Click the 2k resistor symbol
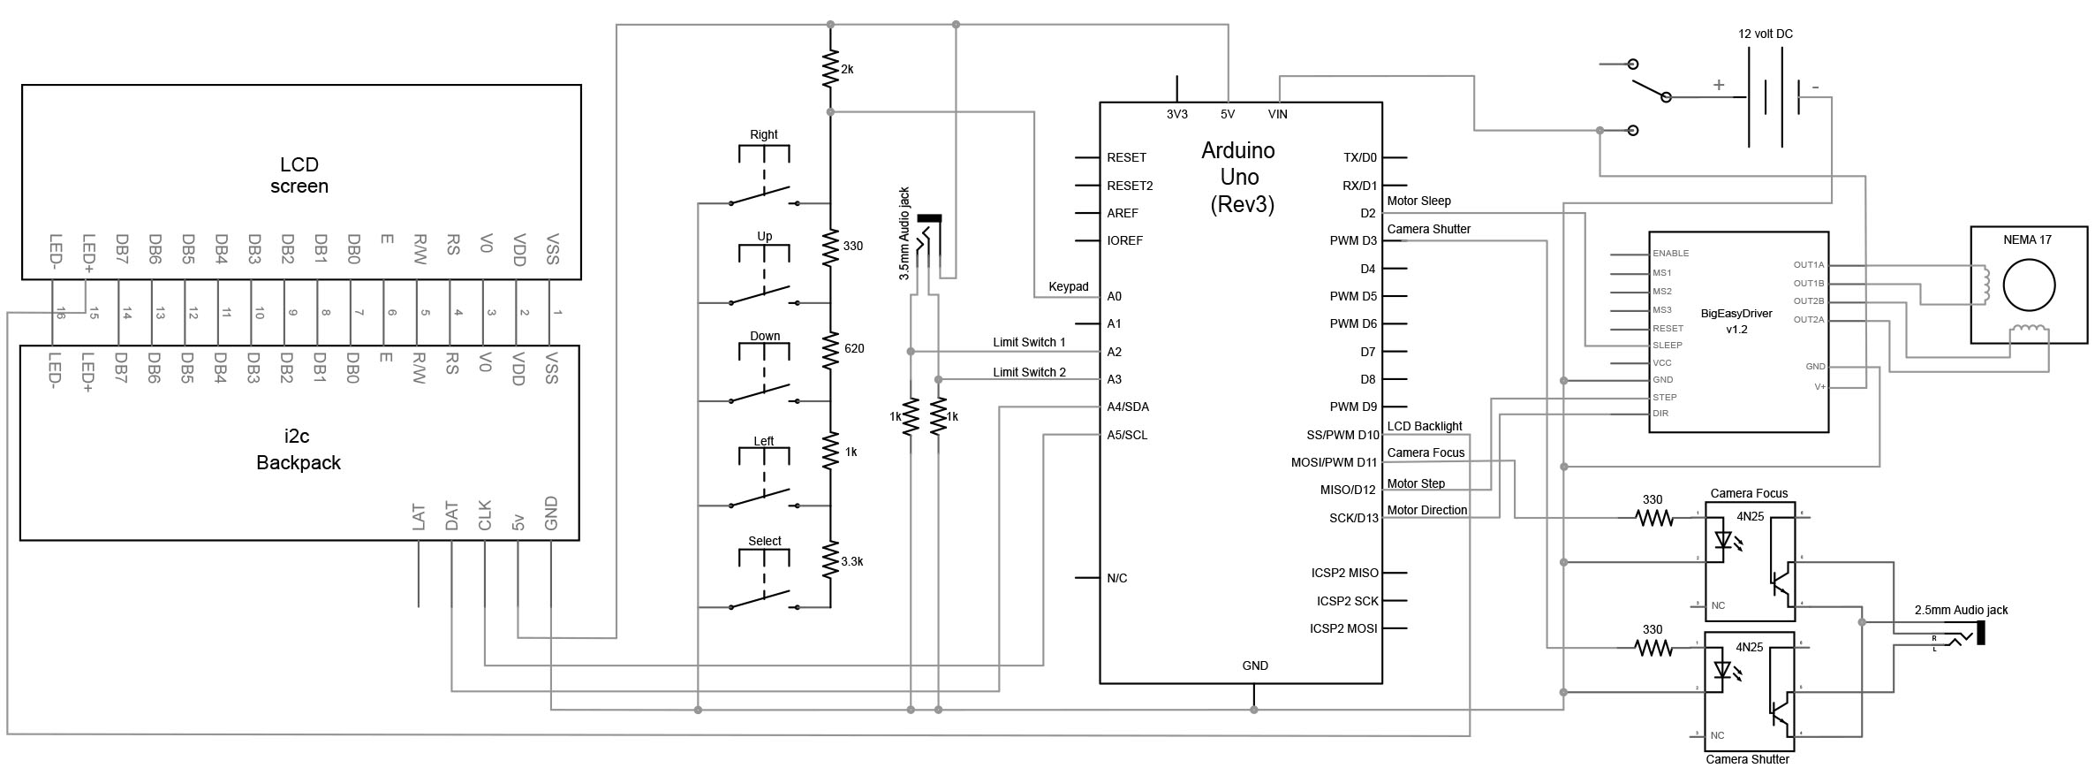click(829, 69)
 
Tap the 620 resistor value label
click(854, 349)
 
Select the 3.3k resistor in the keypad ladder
click(829, 561)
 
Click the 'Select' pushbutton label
click(765, 541)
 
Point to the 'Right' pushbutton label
click(764, 135)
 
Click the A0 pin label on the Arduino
click(1115, 296)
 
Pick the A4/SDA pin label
click(1128, 407)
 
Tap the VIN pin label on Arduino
click(1278, 114)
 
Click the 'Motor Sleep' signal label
click(1419, 201)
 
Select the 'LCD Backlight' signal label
click(1425, 426)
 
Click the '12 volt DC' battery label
click(1766, 34)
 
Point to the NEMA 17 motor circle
click(2029, 285)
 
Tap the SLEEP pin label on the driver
click(1668, 346)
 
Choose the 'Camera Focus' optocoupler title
click(1749, 493)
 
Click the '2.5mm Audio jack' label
click(1961, 610)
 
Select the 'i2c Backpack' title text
click(299, 449)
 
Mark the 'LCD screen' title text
click(299, 175)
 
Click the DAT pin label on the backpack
click(451, 517)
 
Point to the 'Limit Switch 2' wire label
click(1029, 372)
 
